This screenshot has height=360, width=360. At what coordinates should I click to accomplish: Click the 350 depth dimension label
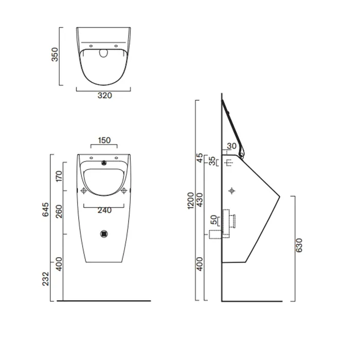[x=55, y=55]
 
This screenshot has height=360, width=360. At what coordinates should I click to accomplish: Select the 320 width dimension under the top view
[x=105, y=96]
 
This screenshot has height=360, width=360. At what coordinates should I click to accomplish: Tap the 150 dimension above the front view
[x=104, y=140]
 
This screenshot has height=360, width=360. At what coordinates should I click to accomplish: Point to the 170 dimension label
[x=59, y=176]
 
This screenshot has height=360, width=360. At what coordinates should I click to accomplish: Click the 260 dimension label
[x=59, y=211]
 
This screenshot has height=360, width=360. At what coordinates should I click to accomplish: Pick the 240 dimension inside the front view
[x=104, y=210]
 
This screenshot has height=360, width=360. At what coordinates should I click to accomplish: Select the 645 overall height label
[x=45, y=209]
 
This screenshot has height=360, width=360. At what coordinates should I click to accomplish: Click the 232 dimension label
[x=45, y=279]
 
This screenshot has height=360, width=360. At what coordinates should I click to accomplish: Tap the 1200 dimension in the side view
[x=191, y=201]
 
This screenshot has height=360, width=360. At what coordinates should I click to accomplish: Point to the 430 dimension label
[x=200, y=200]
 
